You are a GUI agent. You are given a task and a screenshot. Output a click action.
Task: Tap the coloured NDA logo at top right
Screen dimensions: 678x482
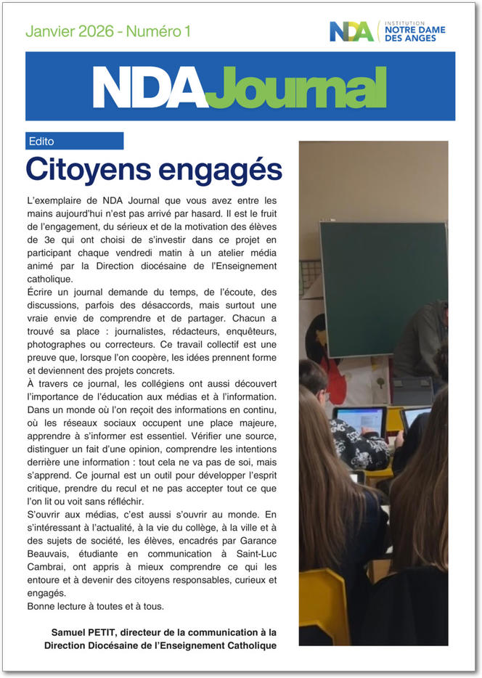pyautogui.click(x=351, y=31)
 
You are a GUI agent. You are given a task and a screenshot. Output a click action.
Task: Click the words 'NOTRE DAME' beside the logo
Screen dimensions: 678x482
pyautogui.click(x=415, y=30)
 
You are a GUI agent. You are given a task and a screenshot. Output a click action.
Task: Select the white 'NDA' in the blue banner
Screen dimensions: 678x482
pyautogui.click(x=150, y=88)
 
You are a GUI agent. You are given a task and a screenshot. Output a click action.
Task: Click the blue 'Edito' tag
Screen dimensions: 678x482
pyautogui.click(x=42, y=141)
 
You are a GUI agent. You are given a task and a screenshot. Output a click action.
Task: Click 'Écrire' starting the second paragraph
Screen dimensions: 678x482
pyautogui.click(x=41, y=292)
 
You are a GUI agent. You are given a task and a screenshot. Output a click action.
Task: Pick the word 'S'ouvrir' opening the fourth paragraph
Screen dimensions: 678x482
pyautogui.click(x=45, y=514)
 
